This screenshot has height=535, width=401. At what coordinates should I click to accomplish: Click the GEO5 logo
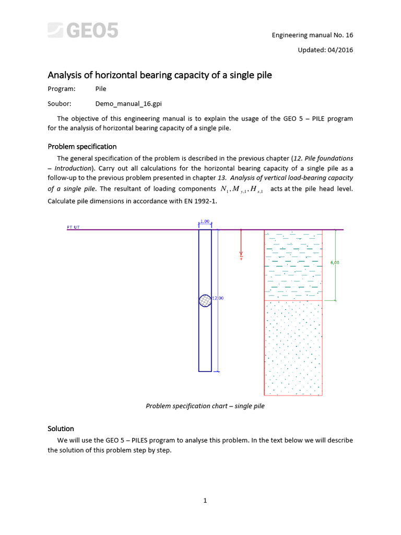point(83,30)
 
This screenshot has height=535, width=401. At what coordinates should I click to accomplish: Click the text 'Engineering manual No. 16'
point(312,35)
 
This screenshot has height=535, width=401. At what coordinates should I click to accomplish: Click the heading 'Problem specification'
point(82,146)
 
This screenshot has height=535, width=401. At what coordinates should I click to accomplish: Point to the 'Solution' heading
point(61,428)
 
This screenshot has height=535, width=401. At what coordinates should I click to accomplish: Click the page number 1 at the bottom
point(205,501)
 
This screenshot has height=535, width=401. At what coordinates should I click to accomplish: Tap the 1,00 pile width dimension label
point(205,222)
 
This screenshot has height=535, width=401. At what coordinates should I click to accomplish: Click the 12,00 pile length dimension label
point(218,298)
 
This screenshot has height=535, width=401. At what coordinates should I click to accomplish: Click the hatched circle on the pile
point(205,301)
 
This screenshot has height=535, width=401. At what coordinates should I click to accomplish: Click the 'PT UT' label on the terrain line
point(73,228)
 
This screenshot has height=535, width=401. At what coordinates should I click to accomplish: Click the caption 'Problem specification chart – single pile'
point(205,406)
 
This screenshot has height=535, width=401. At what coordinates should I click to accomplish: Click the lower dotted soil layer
point(293,347)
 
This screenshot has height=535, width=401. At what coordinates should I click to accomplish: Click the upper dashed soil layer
point(293,265)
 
